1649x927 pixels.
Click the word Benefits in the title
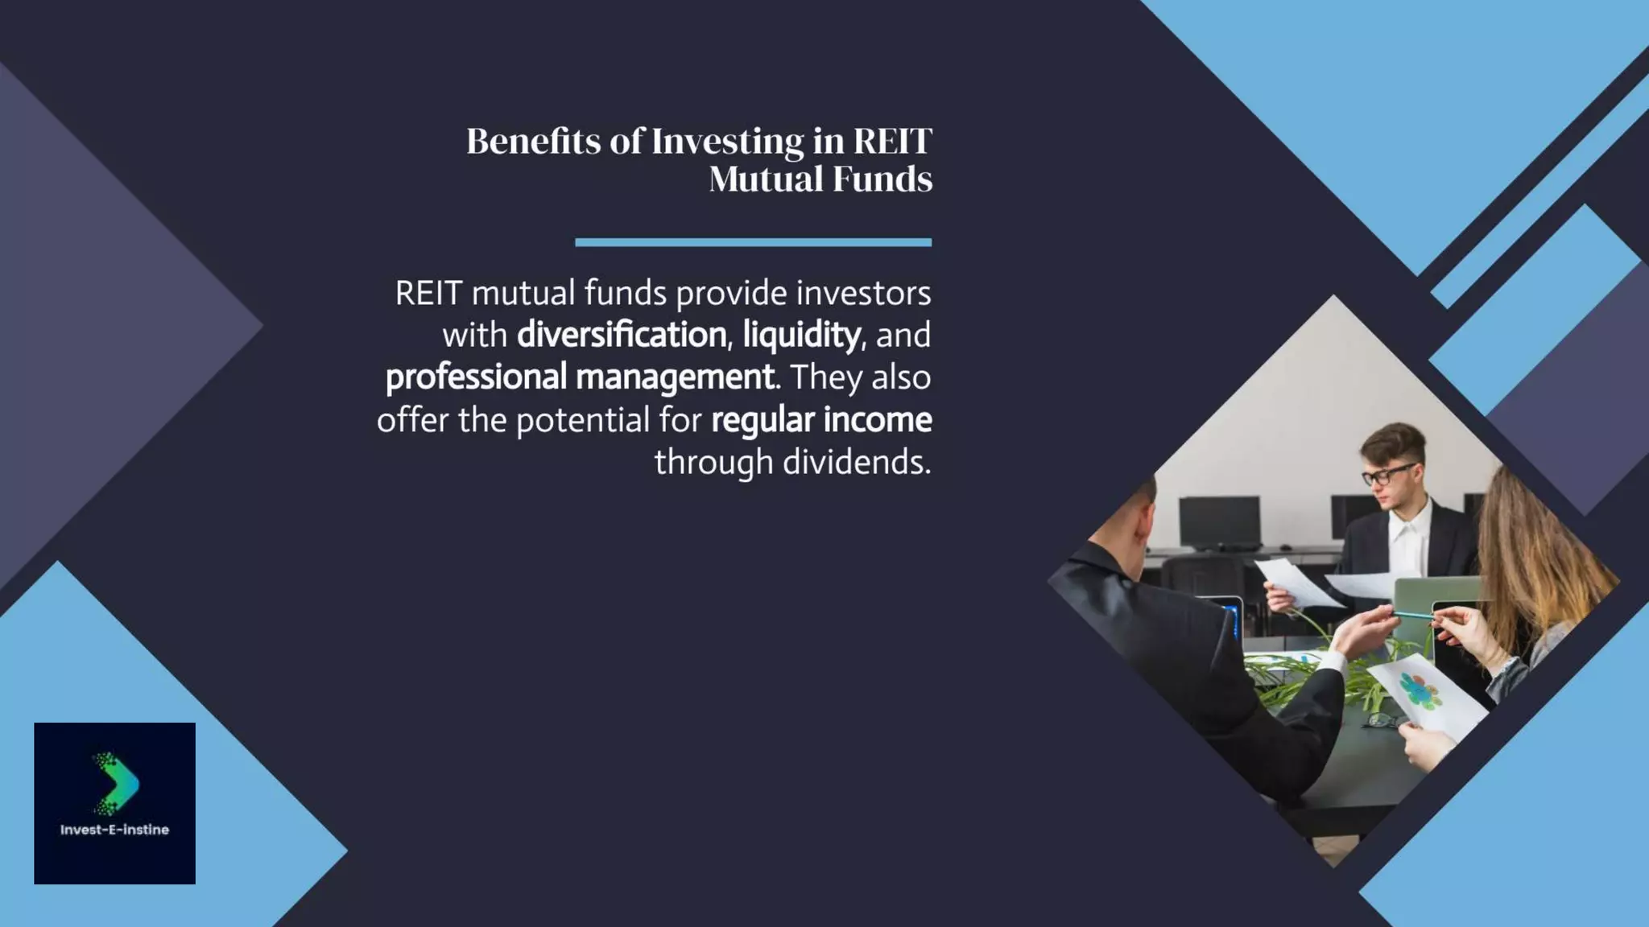(x=533, y=142)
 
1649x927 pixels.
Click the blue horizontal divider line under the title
(x=753, y=242)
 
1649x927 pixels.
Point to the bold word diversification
(x=621, y=335)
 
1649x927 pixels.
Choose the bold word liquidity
(x=801, y=335)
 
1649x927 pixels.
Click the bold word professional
(x=476, y=377)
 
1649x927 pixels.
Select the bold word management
(x=675, y=377)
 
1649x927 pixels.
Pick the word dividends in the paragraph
(x=856, y=462)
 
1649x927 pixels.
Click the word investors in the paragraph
(x=863, y=293)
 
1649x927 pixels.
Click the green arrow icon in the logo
(x=118, y=783)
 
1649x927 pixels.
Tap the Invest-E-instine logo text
(x=114, y=830)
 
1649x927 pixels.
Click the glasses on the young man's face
(x=1387, y=475)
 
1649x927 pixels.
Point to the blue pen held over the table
(x=1413, y=616)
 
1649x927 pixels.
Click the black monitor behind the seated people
(x=1219, y=521)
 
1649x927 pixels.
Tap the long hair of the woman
(x=1530, y=555)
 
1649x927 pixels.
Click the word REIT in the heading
(x=892, y=142)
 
